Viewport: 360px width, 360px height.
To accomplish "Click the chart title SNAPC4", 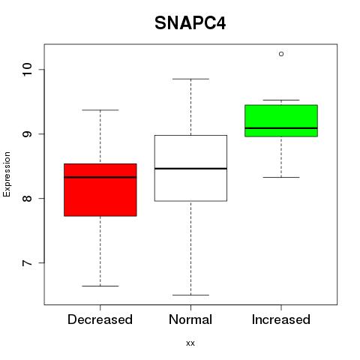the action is pyautogui.click(x=190, y=23).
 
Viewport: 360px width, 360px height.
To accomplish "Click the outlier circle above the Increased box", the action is pyautogui.click(x=281, y=54).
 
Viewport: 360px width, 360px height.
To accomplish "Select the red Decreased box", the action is pyautogui.click(x=100, y=190).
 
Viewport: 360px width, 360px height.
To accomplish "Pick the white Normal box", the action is pyautogui.click(x=190, y=168).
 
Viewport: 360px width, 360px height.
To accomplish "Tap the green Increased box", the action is pyautogui.click(x=281, y=121).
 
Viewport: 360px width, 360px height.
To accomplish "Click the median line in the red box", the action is pyautogui.click(x=100, y=177).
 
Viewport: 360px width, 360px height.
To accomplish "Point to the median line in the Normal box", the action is pyautogui.click(x=190, y=169).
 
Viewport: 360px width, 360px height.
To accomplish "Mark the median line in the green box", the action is pyautogui.click(x=281, y=128).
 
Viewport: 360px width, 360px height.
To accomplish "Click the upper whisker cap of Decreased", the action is pyautogui.click(x=100, y=110).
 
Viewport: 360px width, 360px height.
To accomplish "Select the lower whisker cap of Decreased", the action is pyautogui.click(x=100, y=286).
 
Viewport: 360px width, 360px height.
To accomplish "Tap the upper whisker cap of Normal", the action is pyautogui.click(x=190, y=79).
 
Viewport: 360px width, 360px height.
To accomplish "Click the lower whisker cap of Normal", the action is pyautogui.click(x=190, y=295).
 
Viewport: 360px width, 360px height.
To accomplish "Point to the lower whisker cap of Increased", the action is pyautogui.click(x=281, y=177).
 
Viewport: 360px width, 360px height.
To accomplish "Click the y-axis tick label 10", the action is pyautogui.click(x=27, y=70).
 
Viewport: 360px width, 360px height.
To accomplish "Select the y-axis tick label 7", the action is pyautogui.click(x=27, y=263).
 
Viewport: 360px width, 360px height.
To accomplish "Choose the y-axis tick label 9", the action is pyautogui.click(x=27, y=134).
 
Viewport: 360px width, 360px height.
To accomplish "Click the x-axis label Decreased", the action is pyautogui.click(x=100, y=319).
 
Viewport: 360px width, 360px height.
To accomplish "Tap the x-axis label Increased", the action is pyautogui.click(x=281, y=319).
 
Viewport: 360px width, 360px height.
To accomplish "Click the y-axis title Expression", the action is pyautogui.click(x=7, y=174).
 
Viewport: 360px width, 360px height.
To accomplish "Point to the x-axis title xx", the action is pyautogui.click(x=190, y=343).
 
